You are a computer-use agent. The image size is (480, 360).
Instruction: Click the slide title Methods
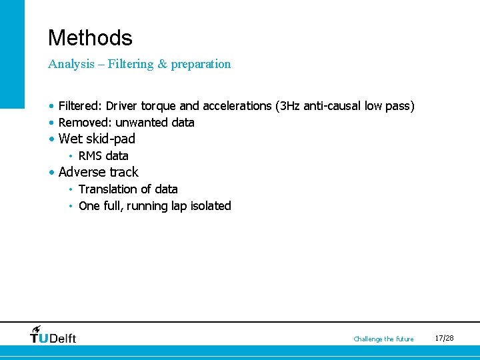(90, 37)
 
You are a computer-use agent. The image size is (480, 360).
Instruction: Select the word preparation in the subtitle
(201, 64)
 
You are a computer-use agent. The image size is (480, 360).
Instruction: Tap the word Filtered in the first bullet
(80, 106)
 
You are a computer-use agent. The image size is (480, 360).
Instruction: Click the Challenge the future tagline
(383, 339)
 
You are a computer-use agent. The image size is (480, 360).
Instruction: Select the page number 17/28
(444, 338)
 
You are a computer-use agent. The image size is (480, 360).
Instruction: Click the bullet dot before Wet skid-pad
(52, 139)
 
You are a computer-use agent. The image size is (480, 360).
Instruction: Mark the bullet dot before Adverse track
(52, 173)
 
